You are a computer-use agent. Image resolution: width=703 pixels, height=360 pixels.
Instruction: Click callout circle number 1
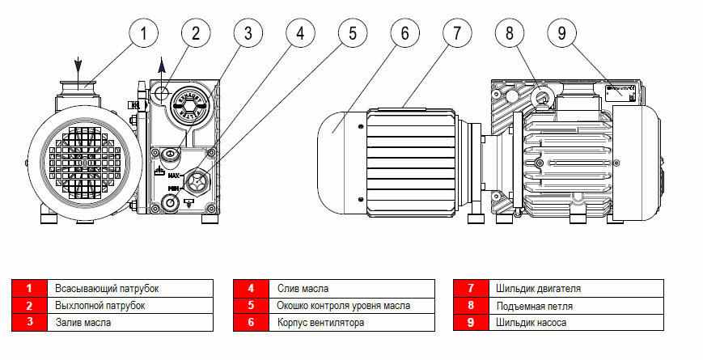(x=143, y=34)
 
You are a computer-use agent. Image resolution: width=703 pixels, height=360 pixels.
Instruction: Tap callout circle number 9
(x=563, y=34)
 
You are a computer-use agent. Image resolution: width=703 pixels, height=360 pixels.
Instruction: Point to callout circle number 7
(x=457, y=34)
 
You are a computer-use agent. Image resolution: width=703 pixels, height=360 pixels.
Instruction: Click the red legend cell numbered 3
(x=29, y=322)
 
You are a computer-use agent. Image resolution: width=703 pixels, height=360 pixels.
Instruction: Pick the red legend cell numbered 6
(x=251, y=322)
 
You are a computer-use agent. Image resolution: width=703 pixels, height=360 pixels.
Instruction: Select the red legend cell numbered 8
(x=470, y=305)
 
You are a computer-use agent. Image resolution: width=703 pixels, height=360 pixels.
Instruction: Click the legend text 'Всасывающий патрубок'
(x=107, y=288)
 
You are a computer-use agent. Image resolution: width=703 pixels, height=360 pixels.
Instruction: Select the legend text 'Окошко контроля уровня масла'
(x=344, y=305)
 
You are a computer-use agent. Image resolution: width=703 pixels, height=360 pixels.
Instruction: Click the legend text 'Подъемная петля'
(x=536, y=305)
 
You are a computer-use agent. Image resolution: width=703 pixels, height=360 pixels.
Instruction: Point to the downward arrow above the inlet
(x=78, y=66)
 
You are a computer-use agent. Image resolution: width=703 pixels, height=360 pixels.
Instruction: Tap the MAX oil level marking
(x=173, y=174)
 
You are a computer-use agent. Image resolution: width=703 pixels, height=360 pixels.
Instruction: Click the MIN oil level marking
(x=172, y=188)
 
